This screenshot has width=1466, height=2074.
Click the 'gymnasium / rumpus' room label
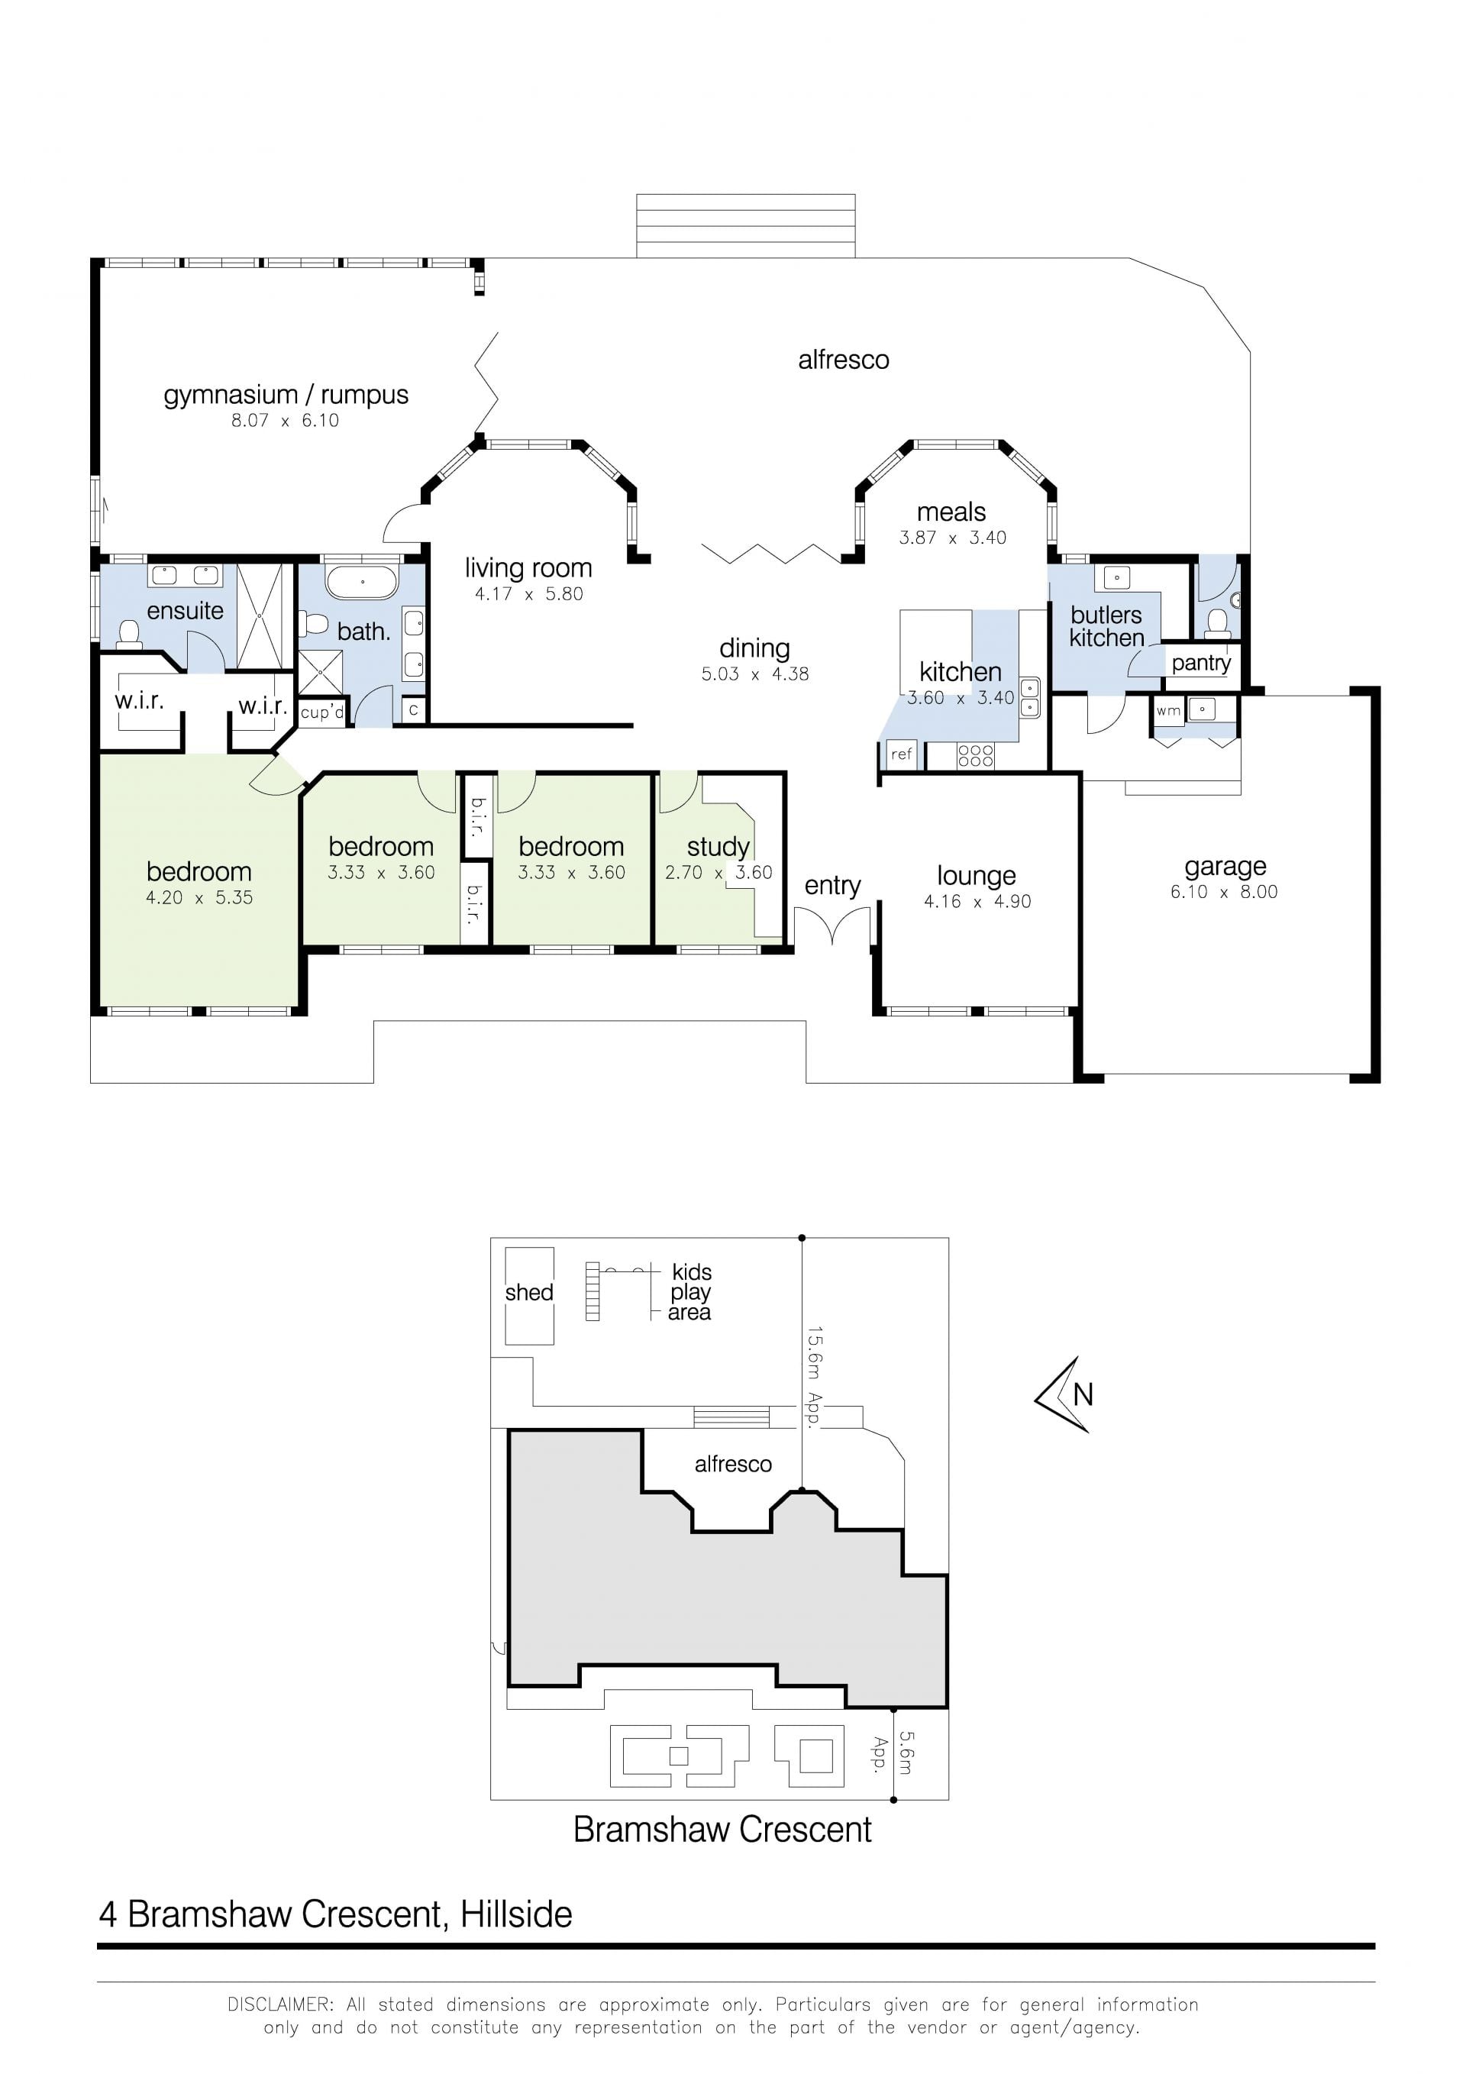(x=286, y=395)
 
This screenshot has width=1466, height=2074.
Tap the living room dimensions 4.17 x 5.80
(x=528, y=593)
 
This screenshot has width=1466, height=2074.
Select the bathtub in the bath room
(x=361, y=583)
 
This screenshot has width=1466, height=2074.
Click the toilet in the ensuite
(x=129, y=633)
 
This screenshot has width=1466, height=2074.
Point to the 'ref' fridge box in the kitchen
(x=902, y=754)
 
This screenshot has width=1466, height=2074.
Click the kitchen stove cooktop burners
(x=976, y=755)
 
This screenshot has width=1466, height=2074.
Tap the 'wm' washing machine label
(x=1168, y=710)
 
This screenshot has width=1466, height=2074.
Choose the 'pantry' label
(x=1200, y=663)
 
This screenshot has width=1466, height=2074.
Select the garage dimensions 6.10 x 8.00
(x=1224, y=892)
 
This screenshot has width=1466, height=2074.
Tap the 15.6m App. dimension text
(x=814, y=1377)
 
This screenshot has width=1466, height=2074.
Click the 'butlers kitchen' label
(x=1106, y=626)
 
